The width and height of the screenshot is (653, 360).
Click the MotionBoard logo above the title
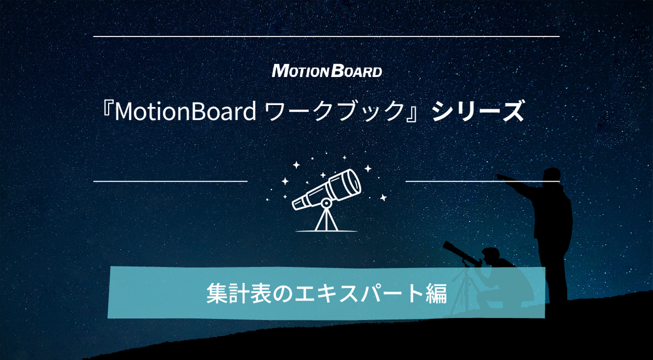[326, 71]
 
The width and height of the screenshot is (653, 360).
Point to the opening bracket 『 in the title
[108, 111]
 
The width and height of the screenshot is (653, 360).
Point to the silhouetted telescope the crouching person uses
[458, 251]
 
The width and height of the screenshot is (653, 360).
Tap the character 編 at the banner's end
[436, 293]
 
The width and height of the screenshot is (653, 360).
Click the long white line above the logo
[326, 36]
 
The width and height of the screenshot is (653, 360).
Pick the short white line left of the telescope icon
[170, 182]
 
